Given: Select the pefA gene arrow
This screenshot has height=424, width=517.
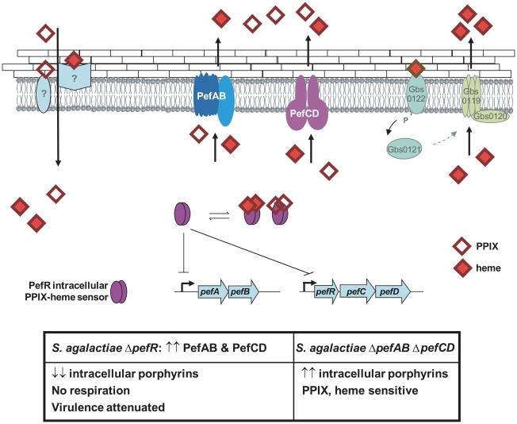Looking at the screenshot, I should (213, 293).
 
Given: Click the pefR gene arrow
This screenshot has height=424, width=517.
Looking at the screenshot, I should (325, 293).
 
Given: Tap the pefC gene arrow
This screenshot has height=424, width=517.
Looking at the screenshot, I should (355, 293).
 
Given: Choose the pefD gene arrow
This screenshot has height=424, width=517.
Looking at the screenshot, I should (386, 293).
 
